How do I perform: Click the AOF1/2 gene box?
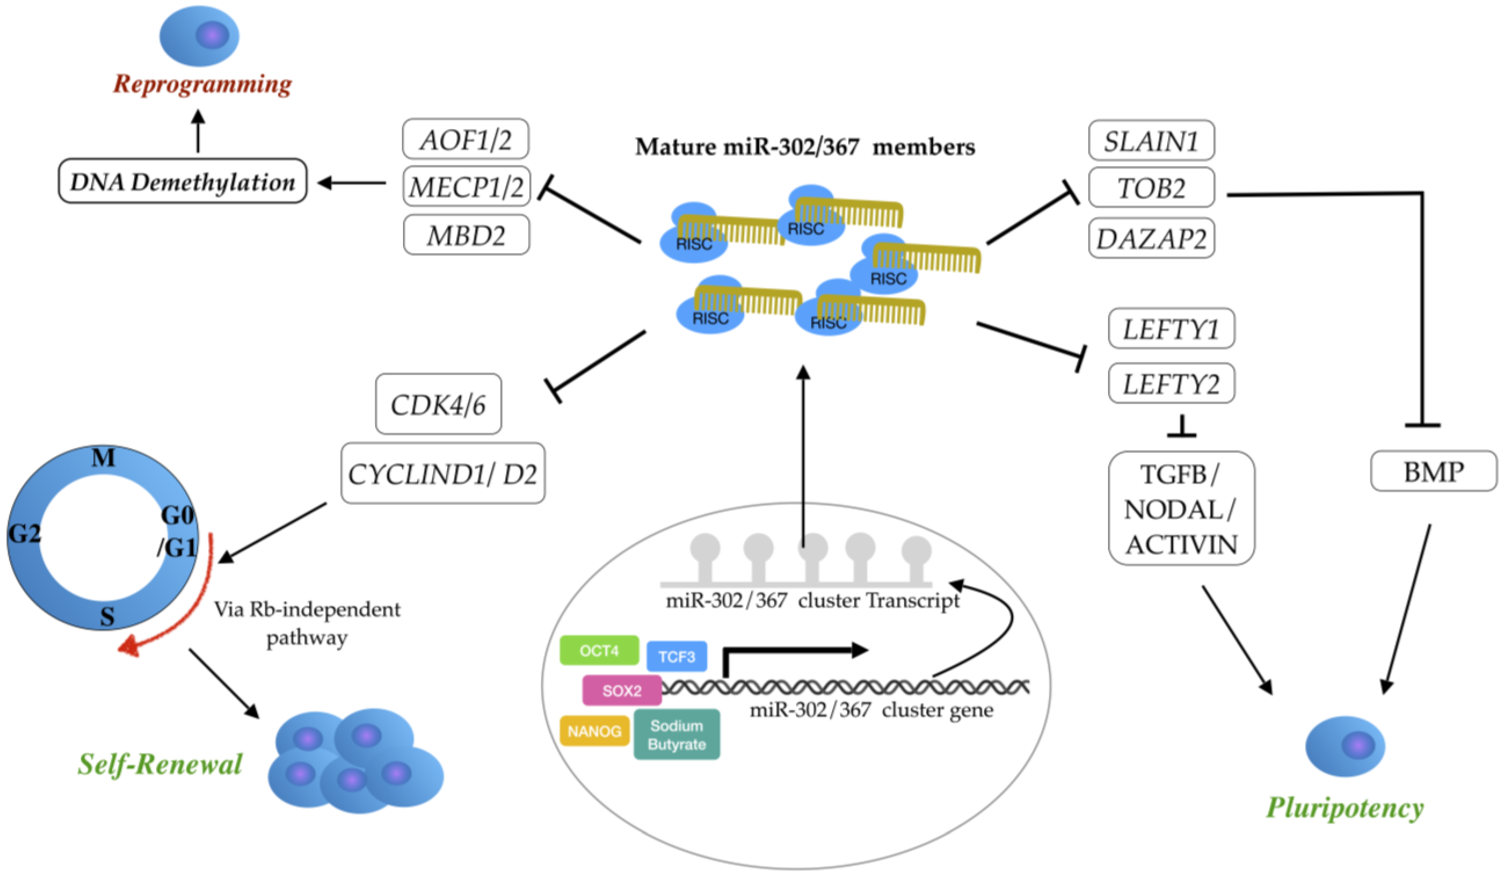coord(466,139)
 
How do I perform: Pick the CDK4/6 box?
coord(438,404)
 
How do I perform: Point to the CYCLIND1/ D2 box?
coord(442,473)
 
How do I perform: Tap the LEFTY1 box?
coord(1171,328)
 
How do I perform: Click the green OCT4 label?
coord(598,650)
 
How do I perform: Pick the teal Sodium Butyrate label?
coord(676,734)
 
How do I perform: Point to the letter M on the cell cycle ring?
coord(103,458)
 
